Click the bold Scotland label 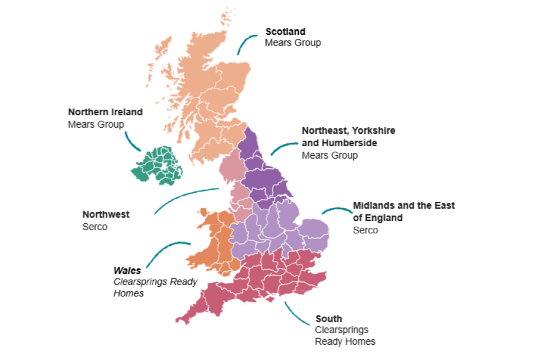tap(285, 31)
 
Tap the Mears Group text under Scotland tap(292, 43)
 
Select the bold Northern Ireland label tap(105, 112)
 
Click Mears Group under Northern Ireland tap(96, 124)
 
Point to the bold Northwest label tap(106, 214)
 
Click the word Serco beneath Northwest tap(94, 227)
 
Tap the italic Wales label tap(127, 271)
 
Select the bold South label tap(328, 319)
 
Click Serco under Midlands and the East tap(365, 230)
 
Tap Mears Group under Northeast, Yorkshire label tap(330, 155)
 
